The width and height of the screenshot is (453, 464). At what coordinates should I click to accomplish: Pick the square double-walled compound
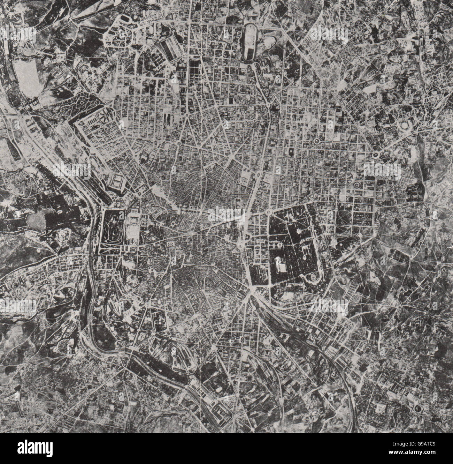coord(118,182)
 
